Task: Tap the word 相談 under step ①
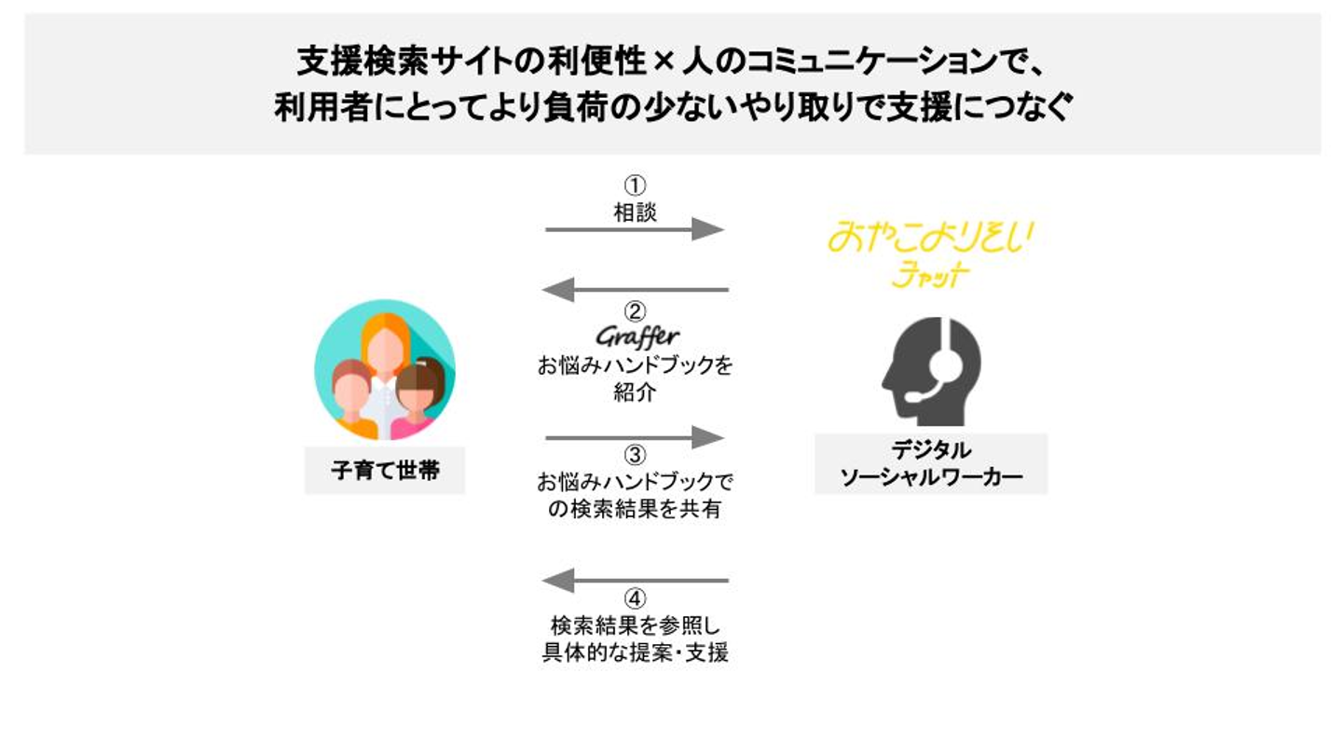[x=635, y=212]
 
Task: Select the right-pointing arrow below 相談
[x=635, y=230]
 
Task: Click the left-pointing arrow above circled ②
[x=635, y=290]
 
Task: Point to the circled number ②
[x=635, y=310]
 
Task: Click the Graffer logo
[x=637, y=336]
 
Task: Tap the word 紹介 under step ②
[x=635, y=391]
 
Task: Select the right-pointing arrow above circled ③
[x=635, y=437]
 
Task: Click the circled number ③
[x=635, y=457]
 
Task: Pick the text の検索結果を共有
[x=635, y=509]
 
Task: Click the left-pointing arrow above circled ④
[x=635, y=582]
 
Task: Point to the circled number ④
[x=635, y=600]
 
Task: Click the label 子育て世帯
[x=385, y=472]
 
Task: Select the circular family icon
[x=385, y=369]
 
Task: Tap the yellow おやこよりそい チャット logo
[x=929, y=252]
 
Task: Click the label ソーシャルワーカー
[x=931, y=478]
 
